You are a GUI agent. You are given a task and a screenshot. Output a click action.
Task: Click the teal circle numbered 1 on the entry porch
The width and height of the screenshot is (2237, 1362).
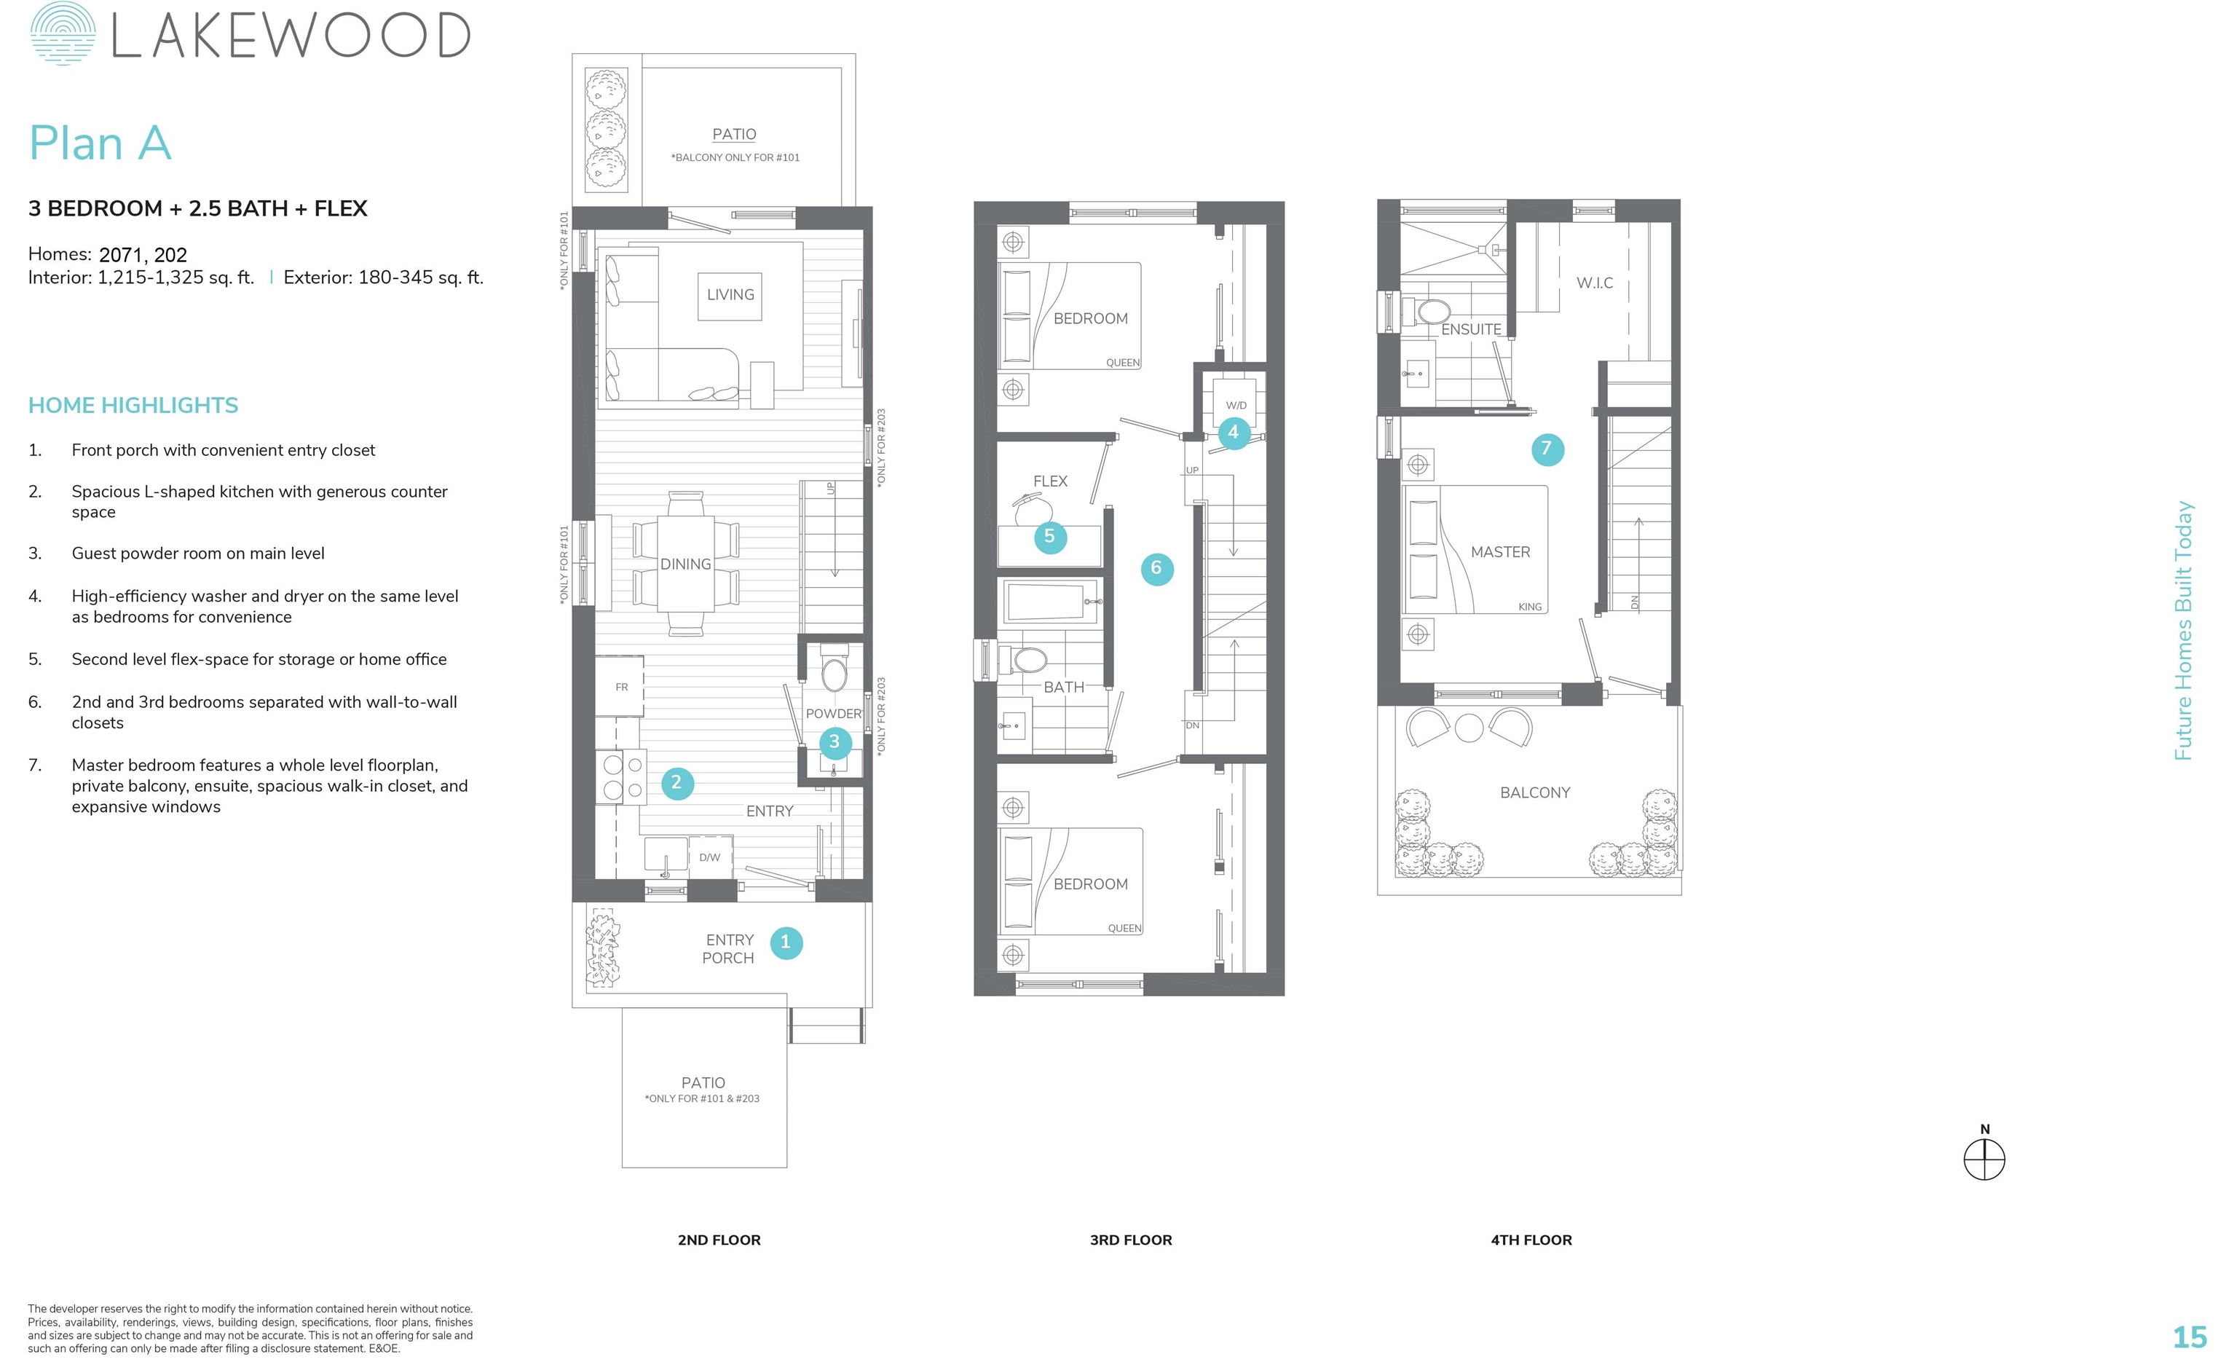(x=786, y=942)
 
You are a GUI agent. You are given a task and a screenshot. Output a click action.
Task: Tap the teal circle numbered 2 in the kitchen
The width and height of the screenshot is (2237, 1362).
(x=676, y=783)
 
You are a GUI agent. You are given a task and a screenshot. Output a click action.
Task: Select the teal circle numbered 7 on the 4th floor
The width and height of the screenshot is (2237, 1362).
(x=1547, y=449)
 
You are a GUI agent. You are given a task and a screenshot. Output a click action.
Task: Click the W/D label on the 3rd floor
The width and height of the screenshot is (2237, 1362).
(x=1236, y=405)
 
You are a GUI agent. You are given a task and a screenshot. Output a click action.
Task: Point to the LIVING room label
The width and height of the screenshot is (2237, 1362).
(x=731, y=295)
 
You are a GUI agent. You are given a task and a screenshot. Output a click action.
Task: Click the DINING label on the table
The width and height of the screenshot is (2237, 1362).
(x=685, y=564)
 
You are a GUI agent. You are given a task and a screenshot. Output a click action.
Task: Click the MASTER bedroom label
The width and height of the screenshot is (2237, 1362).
(x=1501, y=552)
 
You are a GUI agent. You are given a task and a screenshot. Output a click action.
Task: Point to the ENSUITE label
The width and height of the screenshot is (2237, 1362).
(x=1471, y=330)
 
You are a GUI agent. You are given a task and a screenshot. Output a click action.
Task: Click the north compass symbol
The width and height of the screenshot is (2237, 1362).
(x=1984, y=1160)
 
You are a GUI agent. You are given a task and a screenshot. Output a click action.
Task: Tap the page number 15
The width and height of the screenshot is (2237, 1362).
(x=2190, y=1337)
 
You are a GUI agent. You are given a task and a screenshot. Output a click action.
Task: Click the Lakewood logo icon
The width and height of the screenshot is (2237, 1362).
(x=63, y=34)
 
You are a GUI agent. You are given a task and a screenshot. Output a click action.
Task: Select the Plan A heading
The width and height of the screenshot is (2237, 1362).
(x=100, y=143)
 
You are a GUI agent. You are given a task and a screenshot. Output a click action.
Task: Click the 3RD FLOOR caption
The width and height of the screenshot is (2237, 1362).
(x=1130, y=1240)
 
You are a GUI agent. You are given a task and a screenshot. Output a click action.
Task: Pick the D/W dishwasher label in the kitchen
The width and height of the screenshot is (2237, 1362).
(x=709, y=858)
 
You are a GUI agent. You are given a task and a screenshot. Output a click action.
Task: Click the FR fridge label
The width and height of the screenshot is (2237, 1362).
(x=622, y=688)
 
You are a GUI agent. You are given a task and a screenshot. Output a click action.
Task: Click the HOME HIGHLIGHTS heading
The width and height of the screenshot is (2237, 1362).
(x=133, y=406)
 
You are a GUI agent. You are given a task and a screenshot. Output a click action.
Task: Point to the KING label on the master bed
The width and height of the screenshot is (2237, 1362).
(x=1530, y=607)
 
